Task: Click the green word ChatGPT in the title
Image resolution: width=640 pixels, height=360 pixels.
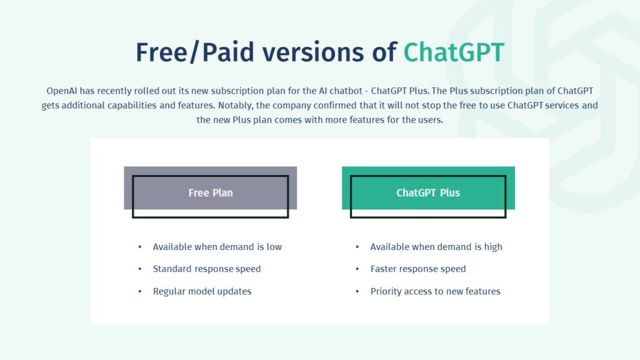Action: pyautogui.click(x=454, y=52)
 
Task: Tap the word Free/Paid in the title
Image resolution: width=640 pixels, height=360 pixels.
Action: pyautogui.click(x=195, y=52)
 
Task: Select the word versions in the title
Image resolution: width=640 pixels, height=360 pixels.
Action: pyautogui.click(x=312, y=52)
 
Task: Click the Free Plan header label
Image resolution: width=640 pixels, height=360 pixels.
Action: pyautogui.click(x=211, y=192)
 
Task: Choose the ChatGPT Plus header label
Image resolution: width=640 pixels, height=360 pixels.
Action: pyautogui.click(x=428, y=192)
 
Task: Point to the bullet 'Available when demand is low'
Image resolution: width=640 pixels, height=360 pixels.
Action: pyautogui.click(x=217, y=247)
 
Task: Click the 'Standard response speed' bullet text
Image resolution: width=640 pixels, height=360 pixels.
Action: pyautogui.click(x=206, y=269)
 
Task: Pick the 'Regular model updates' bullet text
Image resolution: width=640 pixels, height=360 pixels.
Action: pyautogui.click(x=202, y=291)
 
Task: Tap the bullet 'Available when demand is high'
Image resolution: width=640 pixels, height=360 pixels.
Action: pyautogui.click(x=436, y=247)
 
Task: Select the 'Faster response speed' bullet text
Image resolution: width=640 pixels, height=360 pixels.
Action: pyautogui.click(x=418, y=269)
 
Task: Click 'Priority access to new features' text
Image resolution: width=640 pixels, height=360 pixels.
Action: pyautogui.click(x=435, y=291)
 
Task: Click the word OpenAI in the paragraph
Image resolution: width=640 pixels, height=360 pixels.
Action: pyautogui.click(x=62, y=91)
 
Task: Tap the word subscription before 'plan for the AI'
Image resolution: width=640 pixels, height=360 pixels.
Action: pyautogui.click(x=237, y=91)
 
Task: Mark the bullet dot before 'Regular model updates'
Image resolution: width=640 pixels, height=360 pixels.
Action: pyautogui.click(x=139, y=291)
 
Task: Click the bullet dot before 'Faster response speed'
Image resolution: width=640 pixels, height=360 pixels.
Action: pyautogui.click(x=357, y=269)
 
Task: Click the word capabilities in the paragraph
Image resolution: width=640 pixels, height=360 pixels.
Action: pyautogui.click(x=132, y=106)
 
